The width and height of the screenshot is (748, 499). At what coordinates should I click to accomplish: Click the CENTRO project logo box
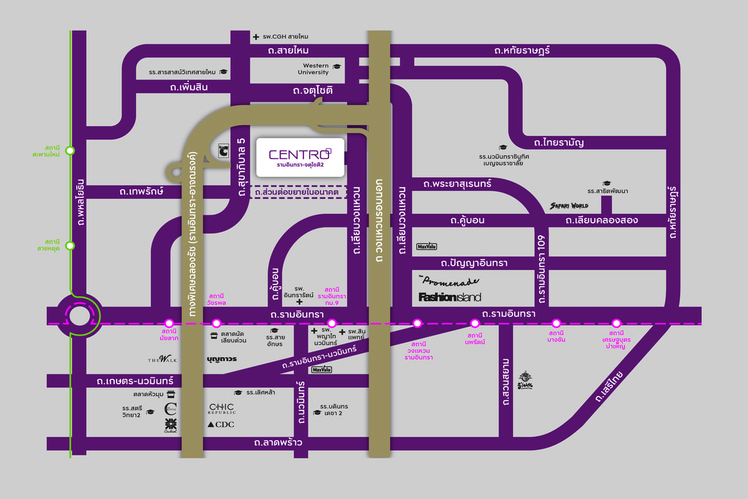[x=300, y=157]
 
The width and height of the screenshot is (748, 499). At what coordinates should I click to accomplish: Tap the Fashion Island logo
[x=449, y=297]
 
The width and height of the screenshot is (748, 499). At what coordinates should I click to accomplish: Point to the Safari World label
[x=568, y=206]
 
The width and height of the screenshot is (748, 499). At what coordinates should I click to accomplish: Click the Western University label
[x=316, y=69]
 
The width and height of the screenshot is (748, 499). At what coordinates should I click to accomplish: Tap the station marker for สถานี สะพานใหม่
[x=70, y=150]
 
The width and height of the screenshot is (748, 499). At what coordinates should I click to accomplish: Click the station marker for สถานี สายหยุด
[x=70, y=246]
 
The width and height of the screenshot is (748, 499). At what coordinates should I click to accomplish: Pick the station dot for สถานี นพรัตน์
[x=474, y=323]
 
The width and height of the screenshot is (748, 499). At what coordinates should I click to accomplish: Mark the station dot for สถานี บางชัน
[x=556, y=323]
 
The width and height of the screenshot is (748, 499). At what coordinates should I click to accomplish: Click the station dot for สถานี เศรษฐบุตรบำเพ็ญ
[x=616, y=323]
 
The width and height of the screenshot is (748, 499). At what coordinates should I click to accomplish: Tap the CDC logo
[x=221, y=425]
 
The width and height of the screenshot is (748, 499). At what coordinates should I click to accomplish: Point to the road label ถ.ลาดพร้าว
[x=278, y=443]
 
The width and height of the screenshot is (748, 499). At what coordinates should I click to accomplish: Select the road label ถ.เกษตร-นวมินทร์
[x=135, y=380]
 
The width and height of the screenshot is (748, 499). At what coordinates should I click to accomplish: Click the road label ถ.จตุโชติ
[x=313, y=92]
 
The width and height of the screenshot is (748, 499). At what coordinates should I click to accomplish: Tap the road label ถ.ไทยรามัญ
[x=554, y=142]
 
